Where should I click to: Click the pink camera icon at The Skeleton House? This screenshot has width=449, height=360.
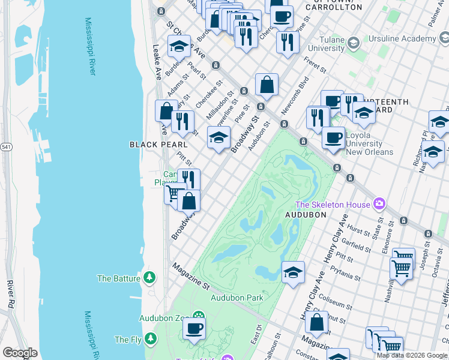click(x=379, y=205)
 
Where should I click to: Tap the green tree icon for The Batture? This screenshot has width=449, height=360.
click(x=149, y=278)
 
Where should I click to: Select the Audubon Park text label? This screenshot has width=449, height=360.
click(x=237, y=298)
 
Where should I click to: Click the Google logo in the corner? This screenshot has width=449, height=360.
click(x=19, y=353)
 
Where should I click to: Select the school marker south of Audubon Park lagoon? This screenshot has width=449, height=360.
click(x=293, y=273)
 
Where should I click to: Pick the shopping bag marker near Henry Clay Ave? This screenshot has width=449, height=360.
click(x=316, y=322)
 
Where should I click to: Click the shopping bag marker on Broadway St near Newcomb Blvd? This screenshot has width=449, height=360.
click(x=267, y=85)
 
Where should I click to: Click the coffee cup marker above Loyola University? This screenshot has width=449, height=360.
click(x=333, y=137)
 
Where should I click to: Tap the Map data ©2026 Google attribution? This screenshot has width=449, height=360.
click(x=412, y=355)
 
